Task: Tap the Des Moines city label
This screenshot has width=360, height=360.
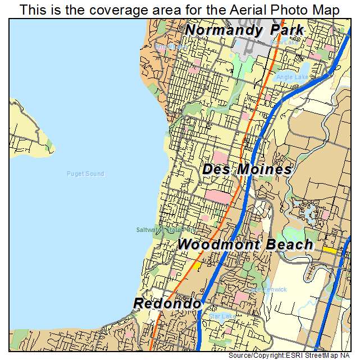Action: point(247,169)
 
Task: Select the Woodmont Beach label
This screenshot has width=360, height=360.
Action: point(245,244)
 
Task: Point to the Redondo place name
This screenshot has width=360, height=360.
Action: point(167,304)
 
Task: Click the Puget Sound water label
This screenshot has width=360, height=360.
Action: point(85,174)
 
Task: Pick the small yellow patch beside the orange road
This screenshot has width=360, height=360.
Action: point(197,263)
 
